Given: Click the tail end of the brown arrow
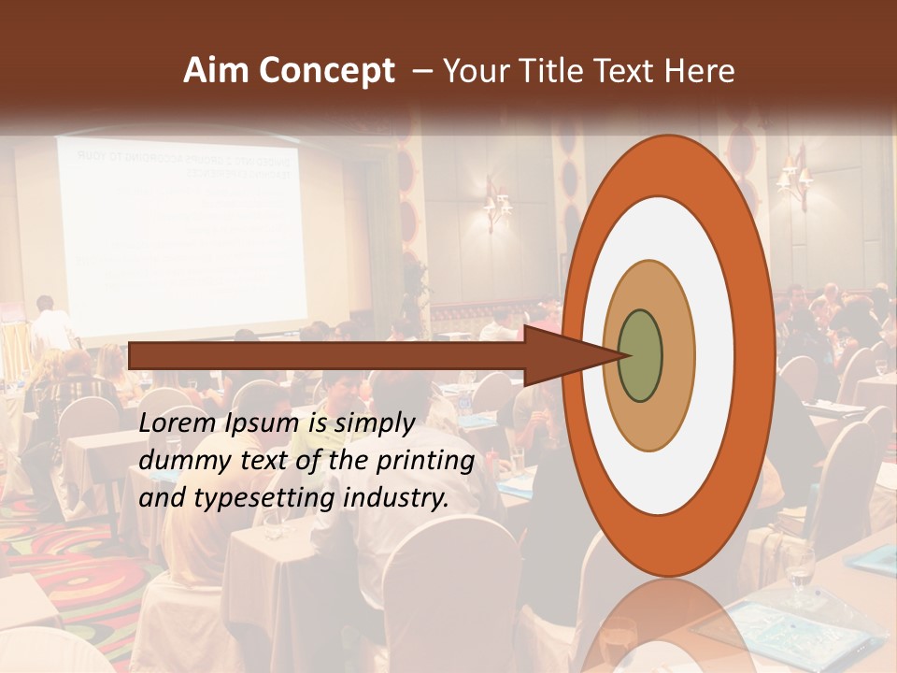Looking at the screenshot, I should tap(132, 355).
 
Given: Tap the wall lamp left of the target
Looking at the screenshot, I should tap(496, 203).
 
